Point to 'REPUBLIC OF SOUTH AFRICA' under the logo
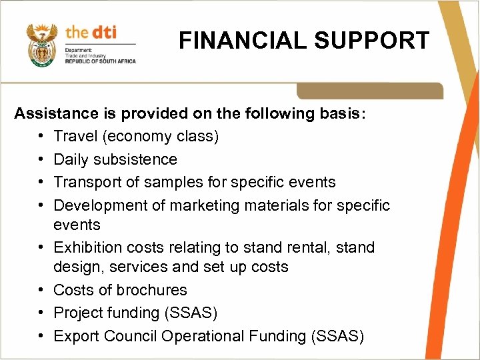(100, 61)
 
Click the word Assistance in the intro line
(53, 113)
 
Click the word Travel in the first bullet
(73, 137)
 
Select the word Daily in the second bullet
(71, 159)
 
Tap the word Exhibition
(85, 247)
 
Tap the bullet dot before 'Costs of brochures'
(41, 290)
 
